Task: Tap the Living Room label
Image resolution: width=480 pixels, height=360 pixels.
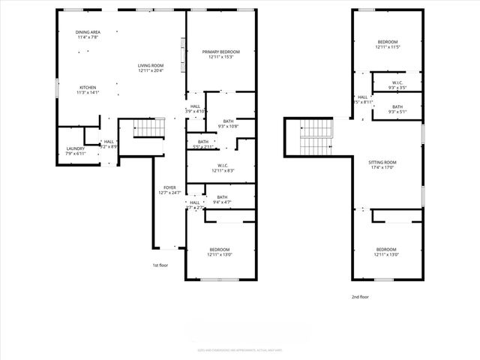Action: point(150,68)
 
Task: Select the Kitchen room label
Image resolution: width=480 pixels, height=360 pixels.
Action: point(88,90)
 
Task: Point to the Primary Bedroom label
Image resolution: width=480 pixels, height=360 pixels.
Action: point(221,55)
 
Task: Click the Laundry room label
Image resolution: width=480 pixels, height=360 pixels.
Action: point(76,151)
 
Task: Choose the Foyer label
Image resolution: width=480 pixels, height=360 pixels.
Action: point(170,190)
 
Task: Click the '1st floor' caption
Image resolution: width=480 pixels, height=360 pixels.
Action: point(160,265)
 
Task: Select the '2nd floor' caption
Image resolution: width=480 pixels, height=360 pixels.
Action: point(361,297)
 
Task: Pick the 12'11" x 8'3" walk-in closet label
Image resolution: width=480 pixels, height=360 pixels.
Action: point(223,168)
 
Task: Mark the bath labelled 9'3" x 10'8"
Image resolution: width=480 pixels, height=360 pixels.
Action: point(227,123)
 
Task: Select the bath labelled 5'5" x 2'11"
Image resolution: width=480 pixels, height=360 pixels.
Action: point(203,144)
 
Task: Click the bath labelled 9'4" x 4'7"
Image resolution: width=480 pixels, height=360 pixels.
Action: point(222,199)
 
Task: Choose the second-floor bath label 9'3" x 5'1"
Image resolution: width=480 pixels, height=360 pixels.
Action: point(397,109)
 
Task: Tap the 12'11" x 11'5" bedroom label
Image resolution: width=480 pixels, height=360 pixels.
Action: point(387,44)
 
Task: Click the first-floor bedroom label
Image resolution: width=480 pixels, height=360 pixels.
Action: point(220,252)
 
